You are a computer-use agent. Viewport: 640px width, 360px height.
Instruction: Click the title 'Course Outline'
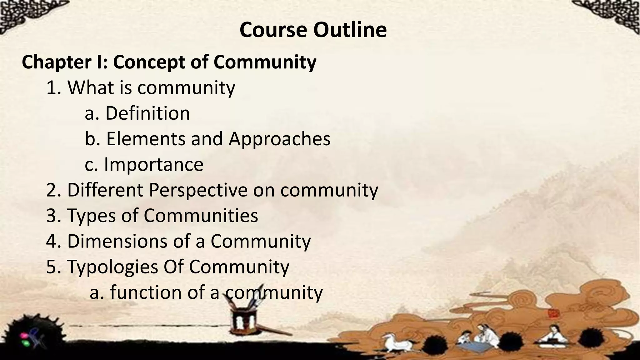[x=313, y=30]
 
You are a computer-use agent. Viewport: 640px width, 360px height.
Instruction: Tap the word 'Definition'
[x=147, y=113]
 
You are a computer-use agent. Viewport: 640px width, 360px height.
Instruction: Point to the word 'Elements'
[x=146, y=139]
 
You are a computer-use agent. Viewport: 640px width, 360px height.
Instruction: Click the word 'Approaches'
[x=279, y=139]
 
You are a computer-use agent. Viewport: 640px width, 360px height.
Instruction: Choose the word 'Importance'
[x=153, y=165]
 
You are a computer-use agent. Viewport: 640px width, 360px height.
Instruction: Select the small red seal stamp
[x=552, y=313]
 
